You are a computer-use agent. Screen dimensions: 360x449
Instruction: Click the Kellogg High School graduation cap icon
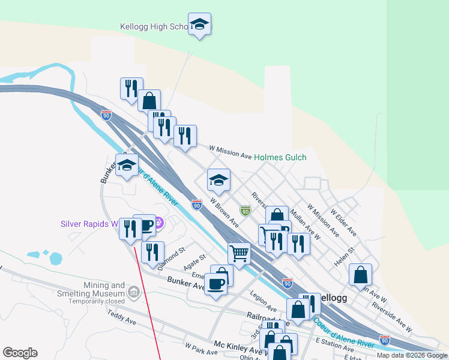[x=199, y=25]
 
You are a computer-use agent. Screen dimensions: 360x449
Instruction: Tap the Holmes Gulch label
[x=280, y=157]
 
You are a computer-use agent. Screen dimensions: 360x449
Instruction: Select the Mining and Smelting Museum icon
[x=134, y=293]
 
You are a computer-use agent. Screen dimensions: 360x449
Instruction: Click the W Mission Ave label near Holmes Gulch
[x=230, y=152]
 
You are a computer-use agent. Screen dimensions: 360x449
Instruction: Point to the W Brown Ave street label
[x=224, y=214]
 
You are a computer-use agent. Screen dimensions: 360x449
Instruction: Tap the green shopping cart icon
[x=239, y=253]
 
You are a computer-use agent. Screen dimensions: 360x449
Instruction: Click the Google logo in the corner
[x=20, y=353]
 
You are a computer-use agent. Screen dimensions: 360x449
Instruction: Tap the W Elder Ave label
[x=343, y=221]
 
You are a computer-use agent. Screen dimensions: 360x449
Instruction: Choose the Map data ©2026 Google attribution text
[x=412, y=355]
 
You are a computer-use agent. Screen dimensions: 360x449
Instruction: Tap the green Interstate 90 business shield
[x=245, y=211]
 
